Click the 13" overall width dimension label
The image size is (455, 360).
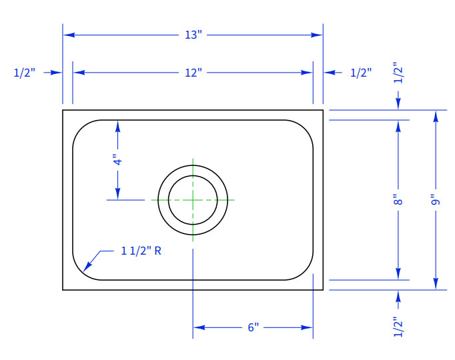(193, 35)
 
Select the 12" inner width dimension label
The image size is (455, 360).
(193, 73)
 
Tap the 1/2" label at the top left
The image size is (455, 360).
(25, 73)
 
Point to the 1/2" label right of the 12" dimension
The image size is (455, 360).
(361, 73)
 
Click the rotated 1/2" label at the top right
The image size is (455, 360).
(398, 73)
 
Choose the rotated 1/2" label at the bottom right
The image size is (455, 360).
(398, 327)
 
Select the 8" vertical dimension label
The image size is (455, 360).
(398, 200)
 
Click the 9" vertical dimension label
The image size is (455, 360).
(436, 200)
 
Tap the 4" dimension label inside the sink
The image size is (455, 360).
(118, 161)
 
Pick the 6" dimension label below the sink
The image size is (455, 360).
(253, 327)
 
